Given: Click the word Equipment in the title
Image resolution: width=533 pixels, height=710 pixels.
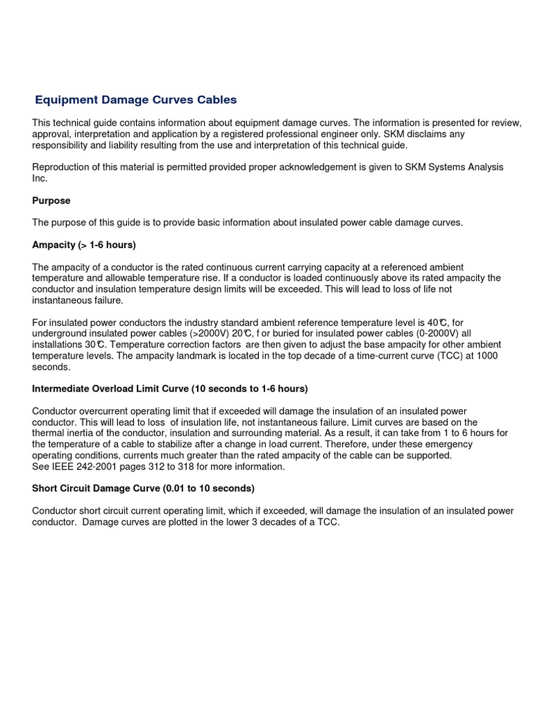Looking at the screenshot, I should coord(64,100).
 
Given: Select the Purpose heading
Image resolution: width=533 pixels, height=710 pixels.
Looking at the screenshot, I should coord(51,200).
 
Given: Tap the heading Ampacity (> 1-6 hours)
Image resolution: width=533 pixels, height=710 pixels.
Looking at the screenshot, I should coord(84,245).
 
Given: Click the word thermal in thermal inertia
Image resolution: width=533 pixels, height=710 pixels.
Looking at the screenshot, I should coord(49,433).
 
